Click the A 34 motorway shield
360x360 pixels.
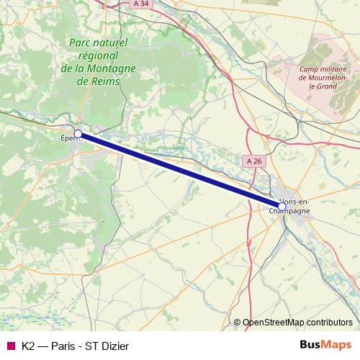click(142, 4)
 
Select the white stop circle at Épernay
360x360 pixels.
click(78, 134)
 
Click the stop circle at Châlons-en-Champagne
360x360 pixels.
click(282, 207)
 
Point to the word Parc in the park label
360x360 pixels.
click(81, 43)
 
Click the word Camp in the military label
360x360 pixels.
click(307, 69)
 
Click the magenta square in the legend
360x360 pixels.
click(10, 346)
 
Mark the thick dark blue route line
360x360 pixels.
click(180, 170)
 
